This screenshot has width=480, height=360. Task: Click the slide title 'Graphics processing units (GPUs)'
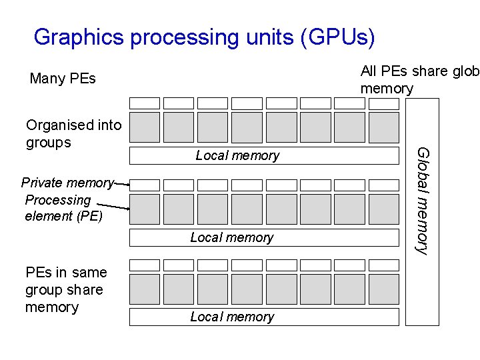pyautogui.click(x=204, y=37)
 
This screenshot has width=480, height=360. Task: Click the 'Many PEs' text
pyautogui.click(x=63, y=79)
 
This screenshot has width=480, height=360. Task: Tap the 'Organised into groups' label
pyautogui.click(x=73, y=133)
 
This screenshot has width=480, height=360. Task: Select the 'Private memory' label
pyautogui.click(x=67, y=183)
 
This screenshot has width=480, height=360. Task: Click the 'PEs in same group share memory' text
pyautogui.click(x=65, y=289)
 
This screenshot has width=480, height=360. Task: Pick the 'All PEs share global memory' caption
pyautogui.click(x=419, y=79)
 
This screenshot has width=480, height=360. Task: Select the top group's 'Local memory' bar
pyautogui.click(x=263, y=156)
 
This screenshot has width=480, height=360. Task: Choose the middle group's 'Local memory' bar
pyautogui.click(x=263, y=237)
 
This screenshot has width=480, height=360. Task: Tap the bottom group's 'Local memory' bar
pyautogui.click(x=263, y=317)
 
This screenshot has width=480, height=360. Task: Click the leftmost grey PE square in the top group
pyautogui.click(x=145, y=127)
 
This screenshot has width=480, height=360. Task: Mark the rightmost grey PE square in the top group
pyautogui.click(x=383, y=127)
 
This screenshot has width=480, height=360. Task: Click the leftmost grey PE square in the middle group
pyautogui.click(x=145, y=209)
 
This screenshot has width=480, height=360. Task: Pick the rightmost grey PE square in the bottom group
pyautogui.click(x=383, y=289)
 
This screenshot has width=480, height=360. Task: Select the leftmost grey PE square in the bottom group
pyautogui.click(x=145, y=289)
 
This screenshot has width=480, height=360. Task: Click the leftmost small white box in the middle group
pyautogui.click(x=145, y=185)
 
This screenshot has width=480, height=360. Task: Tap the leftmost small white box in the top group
pyautogui.click(x=145, y=103)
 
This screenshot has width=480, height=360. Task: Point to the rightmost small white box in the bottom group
pyautogui.click(x=383, y=265)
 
